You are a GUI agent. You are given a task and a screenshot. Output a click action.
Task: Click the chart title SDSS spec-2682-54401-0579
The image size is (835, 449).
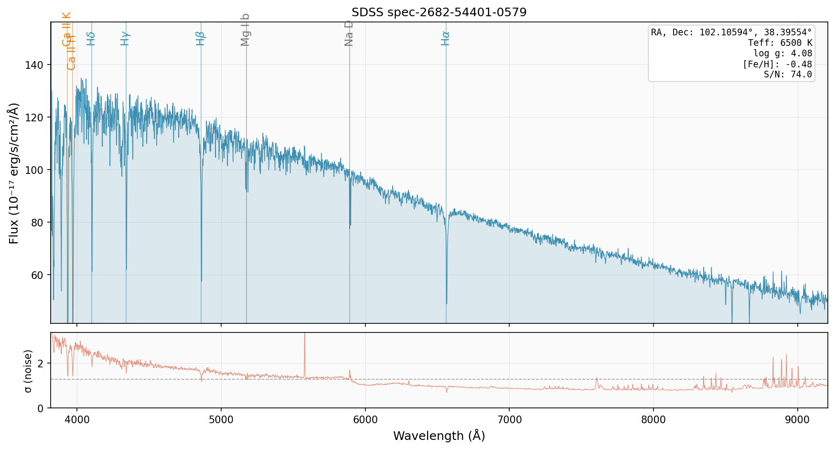(x=439, y=12)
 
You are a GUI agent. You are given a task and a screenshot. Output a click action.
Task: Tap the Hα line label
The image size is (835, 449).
(x=446, y=38)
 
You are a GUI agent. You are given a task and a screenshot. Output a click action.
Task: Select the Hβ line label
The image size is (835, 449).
(x=201, y=38)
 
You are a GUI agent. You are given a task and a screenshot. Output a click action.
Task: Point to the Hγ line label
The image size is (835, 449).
(x=125, y=38)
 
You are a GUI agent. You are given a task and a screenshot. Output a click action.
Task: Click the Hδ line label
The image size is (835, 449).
(x=91, y=38)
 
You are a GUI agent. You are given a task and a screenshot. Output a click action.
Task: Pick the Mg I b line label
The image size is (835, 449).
(x=246, y=30)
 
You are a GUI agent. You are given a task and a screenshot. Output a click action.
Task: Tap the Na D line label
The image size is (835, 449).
(x=349, y=33)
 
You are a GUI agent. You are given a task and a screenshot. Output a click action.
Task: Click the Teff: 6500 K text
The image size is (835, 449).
(x=780, y=43)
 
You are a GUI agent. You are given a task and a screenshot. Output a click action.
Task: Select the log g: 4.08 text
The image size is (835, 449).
(x=782, y=53)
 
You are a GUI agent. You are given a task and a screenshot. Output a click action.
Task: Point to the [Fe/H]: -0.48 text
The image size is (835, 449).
(x=777, y=64)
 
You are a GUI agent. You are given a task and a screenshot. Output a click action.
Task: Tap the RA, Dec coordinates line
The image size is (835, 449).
(x=731, y=32)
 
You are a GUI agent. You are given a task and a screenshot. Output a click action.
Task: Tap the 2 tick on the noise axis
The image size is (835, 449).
(x=41, y=363)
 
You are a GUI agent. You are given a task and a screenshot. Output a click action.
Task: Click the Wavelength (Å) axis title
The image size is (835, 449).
(x=439, y=436)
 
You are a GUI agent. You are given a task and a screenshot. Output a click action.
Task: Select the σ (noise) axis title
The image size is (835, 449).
(x=28, y=371)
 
